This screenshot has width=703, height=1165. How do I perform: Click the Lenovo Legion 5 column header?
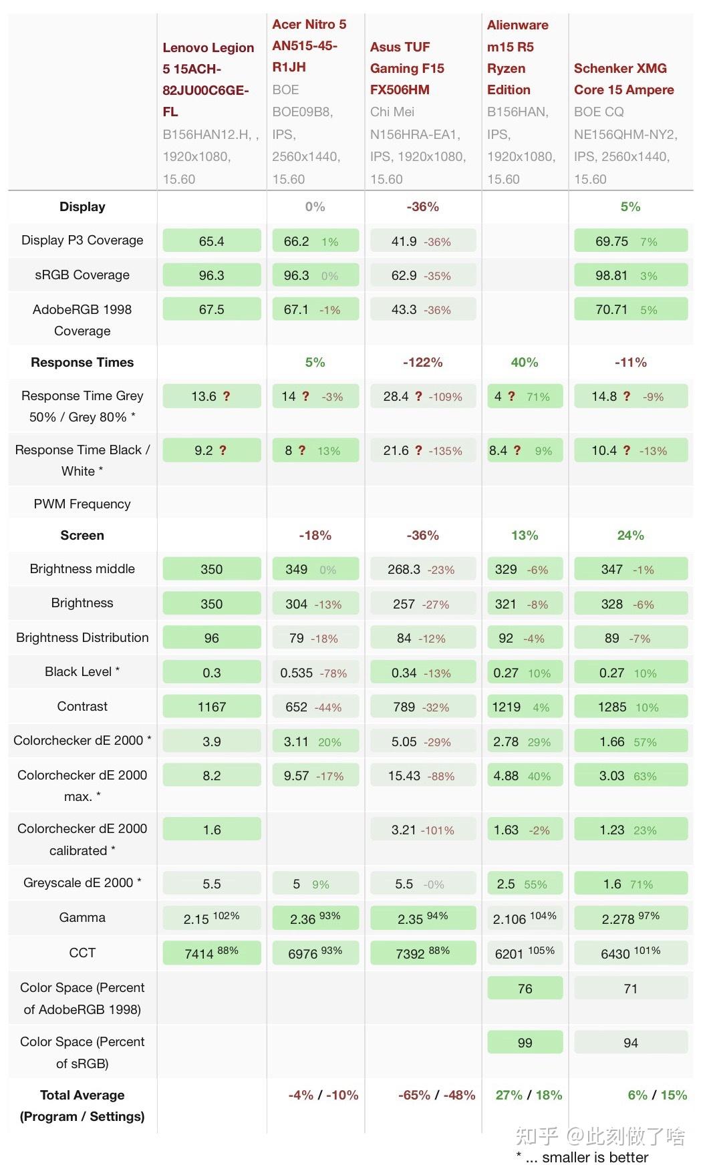coord(208,79)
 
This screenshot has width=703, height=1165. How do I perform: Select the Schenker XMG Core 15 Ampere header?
coord(623,79)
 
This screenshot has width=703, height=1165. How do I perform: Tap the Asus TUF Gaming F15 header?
coord(407,68)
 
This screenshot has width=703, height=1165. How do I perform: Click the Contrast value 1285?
coord(612,707)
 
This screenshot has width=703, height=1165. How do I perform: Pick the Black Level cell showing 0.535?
coord(297,673)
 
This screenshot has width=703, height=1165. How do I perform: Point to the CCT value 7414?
coord(199,953)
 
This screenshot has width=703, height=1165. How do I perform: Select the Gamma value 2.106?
coord(509,919)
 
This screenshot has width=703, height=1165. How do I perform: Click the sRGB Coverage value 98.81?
coord(611,275)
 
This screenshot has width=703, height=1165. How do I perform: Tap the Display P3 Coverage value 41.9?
coord(404,241)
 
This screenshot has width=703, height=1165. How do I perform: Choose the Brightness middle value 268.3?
coord(404,569)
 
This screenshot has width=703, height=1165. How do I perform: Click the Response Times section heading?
coord(82,362)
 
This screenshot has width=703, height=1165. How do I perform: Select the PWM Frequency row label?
coord(82,504)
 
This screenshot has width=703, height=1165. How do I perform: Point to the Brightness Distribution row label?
coord(82,637)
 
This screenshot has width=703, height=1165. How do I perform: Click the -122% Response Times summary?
coord(422,362)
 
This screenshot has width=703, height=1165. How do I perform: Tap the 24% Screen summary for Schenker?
coord(630,535)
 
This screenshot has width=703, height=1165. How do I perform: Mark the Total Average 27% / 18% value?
coord(529,1095)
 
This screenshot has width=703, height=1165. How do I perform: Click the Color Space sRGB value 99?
coord(525,1043)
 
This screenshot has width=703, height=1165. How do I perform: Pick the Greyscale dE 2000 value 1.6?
coord(612,884)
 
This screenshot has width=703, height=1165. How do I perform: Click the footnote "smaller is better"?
coord(595,1157)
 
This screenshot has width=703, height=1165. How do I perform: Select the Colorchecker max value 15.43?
coord(404,776)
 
